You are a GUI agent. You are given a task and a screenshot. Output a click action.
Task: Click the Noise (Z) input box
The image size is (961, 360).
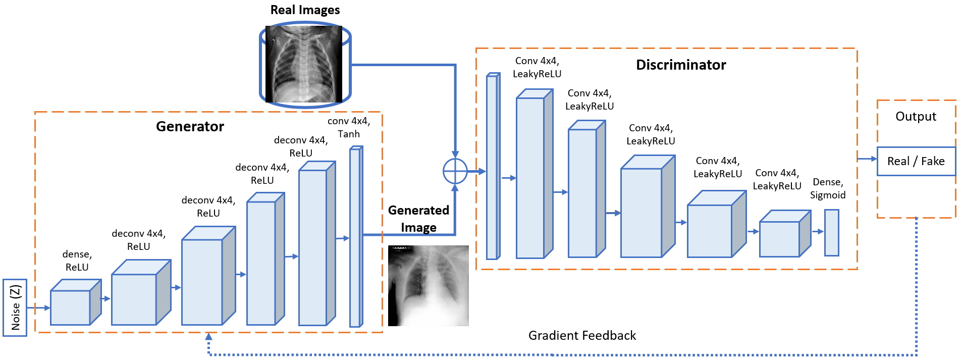click(15, 307)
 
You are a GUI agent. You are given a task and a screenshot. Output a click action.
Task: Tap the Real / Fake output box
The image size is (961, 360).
click(916, 161)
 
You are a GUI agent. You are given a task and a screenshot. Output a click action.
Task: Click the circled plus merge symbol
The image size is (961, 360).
click(455, 171)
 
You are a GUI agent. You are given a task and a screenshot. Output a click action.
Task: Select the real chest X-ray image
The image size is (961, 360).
click(304, 65)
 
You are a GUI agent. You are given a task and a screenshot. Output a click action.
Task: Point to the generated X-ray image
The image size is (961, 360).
click(428, 285)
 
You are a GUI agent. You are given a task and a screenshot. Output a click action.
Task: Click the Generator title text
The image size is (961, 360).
click(190, 126)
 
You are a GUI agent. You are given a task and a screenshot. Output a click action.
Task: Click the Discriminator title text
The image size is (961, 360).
click(680, 65)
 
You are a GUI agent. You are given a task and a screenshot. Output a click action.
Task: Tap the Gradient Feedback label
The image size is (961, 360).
click(581, 335)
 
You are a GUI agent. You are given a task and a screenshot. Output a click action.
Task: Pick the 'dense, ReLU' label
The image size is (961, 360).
click(77, 261)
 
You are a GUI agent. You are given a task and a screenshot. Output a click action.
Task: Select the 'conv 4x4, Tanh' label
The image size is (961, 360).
click(349, 127)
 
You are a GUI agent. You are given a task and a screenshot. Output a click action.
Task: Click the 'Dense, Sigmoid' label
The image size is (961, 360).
click(827, 188)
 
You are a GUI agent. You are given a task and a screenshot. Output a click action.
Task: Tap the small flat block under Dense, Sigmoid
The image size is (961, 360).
click(831, 233)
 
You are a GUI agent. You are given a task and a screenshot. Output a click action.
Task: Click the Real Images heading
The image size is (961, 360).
click(305, 10)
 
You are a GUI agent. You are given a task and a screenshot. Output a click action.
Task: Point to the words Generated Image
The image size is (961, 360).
click(418, 219)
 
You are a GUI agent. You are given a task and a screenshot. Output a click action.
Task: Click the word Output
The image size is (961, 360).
click(915, 117)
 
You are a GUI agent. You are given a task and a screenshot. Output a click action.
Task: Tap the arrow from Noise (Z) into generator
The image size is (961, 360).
click(38, 307)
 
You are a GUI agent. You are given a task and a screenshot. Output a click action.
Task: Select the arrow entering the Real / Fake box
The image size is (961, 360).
click(868, 159)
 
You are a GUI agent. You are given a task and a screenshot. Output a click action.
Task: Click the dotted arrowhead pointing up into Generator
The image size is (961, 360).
click(209, 336)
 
